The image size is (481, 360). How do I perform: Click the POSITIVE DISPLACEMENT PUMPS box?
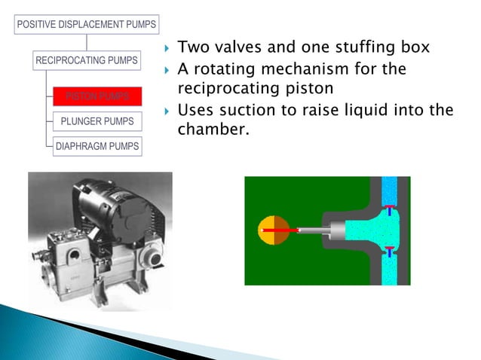[85, 24]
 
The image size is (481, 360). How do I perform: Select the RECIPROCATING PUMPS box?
[87, 59]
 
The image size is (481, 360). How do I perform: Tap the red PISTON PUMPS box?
[97, 96]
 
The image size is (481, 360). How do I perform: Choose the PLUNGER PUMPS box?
[97, 121]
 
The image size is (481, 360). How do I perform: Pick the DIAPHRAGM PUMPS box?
[97, 146]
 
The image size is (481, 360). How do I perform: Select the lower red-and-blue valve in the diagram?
[389, 251]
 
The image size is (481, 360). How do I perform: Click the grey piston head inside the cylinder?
[335, 230]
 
